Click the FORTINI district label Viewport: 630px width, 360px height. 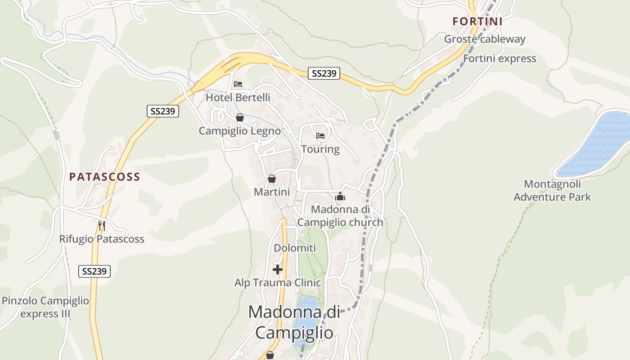coord(477,21)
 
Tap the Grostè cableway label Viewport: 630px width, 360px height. coord(485,39)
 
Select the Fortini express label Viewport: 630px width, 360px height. coord(499,58)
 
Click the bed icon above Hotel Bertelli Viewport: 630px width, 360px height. coord(238,84)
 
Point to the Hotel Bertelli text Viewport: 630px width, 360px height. coord(238,97)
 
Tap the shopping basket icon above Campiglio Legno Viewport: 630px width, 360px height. coord(240,117)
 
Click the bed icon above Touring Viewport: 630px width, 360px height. coord(320,135)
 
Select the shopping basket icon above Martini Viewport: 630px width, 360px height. coord(272,179)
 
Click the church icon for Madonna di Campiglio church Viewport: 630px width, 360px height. coord(340,196)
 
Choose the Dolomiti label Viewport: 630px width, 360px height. coord(295,248)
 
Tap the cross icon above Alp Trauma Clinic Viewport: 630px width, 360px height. coord(278,270)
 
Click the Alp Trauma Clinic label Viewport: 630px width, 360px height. coord(278,283)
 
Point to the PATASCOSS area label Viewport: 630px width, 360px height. coord(104,177)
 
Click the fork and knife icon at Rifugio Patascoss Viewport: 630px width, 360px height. coord(102,225)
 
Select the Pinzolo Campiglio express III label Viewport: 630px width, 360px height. coord(45,307)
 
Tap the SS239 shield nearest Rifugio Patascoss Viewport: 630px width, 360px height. coord(94,271)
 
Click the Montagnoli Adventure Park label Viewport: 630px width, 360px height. coord(552,190)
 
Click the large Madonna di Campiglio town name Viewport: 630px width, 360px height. coord(294,322)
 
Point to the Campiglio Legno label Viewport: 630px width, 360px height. coord(239,131)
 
